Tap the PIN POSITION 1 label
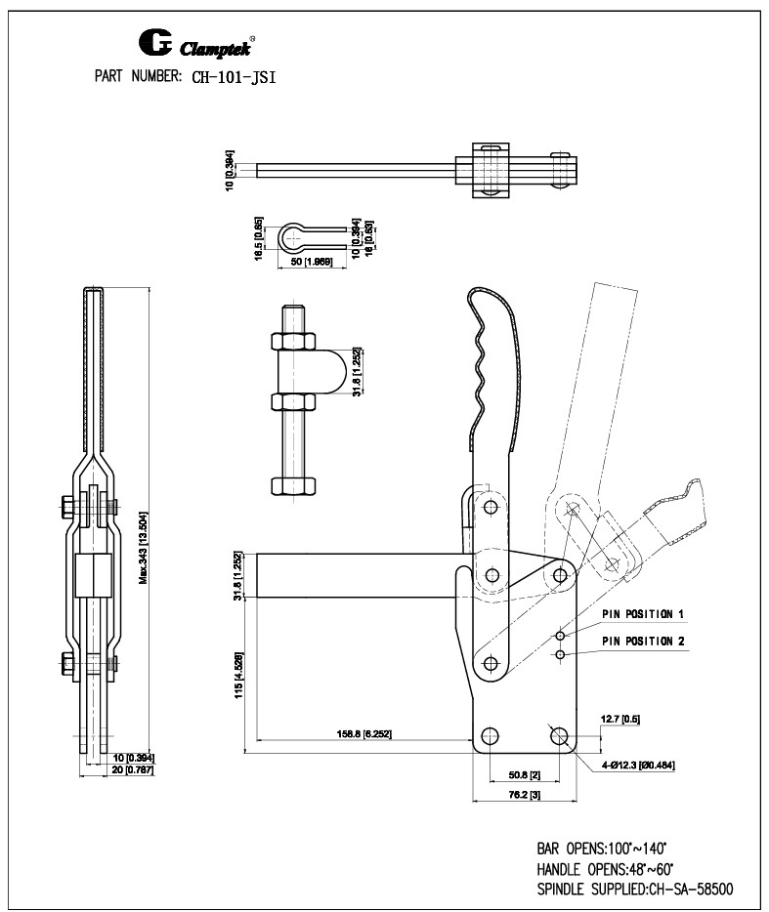[x=642, y=615]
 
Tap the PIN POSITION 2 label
[x=642, y=642]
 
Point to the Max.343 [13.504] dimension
[x=145, y=546]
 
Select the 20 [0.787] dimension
[x=133, y=770]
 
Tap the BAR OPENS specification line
[x=601, y=850]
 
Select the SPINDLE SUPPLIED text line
[x=634, y=889]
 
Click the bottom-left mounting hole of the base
[x=490, y=734]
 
